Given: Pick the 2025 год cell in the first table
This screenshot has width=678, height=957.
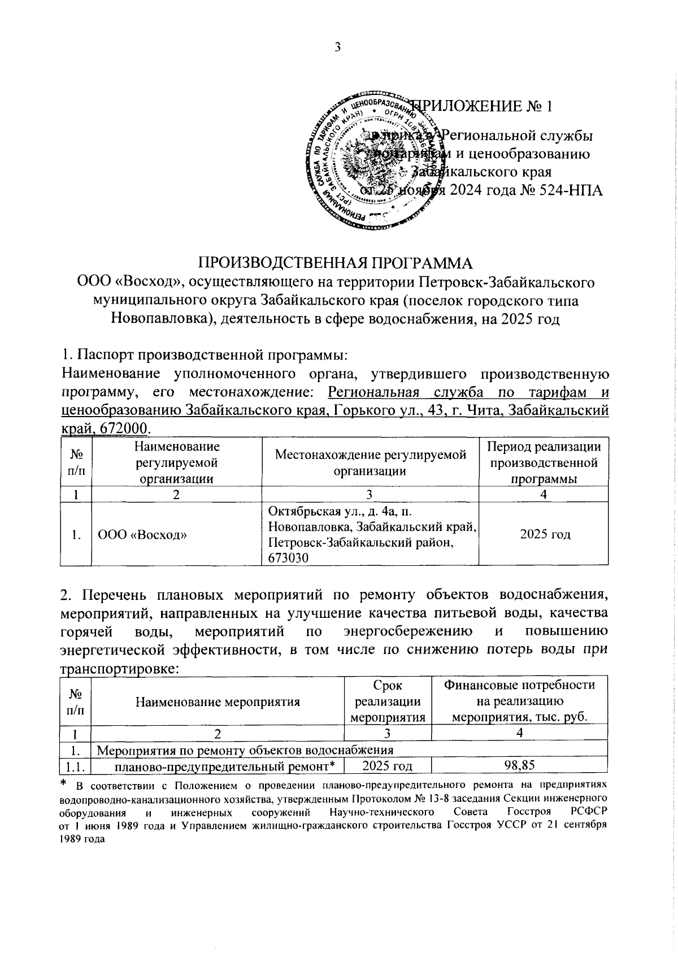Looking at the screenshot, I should click(x=544, y=534).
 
